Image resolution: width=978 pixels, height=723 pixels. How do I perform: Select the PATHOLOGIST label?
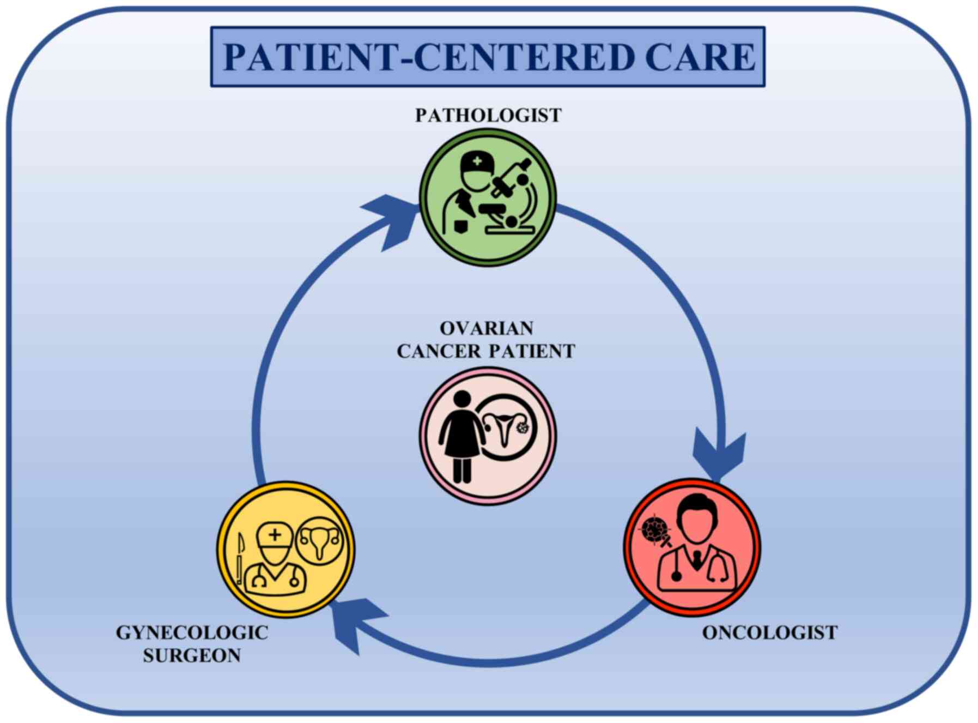pos(488,116)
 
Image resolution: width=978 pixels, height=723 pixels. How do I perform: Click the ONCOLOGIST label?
pos(769,632)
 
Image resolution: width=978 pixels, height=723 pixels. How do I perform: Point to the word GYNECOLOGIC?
pos(192,632)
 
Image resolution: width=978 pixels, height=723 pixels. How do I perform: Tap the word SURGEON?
pos(192,655)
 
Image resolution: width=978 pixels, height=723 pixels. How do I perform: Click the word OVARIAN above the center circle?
pos(487,328)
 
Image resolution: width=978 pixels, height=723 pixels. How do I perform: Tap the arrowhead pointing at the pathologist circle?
pos(390,221)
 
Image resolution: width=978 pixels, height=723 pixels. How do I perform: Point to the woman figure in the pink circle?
pos(462,436)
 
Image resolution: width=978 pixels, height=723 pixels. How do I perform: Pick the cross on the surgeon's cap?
pos(275,535)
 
